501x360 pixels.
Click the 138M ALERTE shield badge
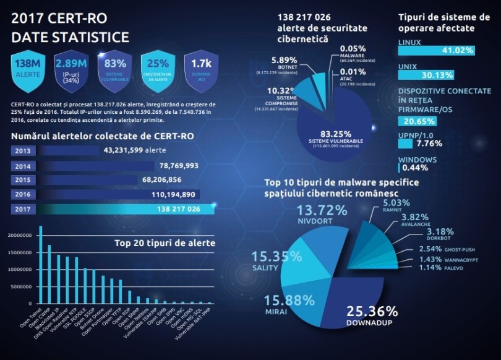click(28, 69)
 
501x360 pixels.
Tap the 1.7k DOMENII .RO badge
click(202, 69)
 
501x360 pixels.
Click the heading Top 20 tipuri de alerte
click(165, 243)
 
